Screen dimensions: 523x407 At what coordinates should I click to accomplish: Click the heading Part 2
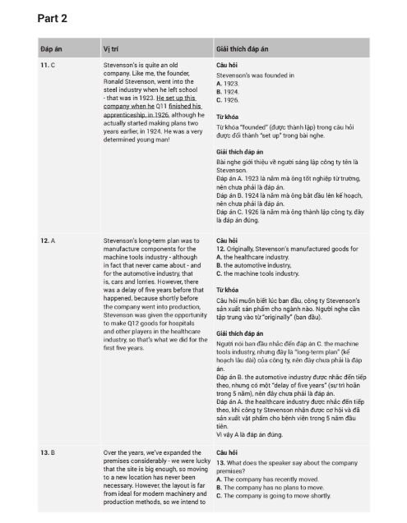point(52,18)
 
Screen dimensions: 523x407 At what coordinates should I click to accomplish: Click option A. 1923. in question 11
point(227,83)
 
